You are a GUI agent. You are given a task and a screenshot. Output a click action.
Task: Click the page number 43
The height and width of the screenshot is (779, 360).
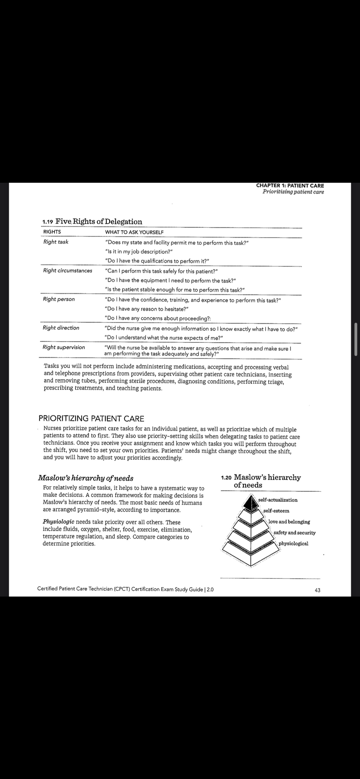coord(318,590)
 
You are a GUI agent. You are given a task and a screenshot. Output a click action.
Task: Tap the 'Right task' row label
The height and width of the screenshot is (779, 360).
coord(56,242)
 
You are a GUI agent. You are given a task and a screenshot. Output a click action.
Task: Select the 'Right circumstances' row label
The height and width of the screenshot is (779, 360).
coord(67,270)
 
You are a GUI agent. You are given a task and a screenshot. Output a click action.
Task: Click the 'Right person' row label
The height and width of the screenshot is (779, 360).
coord(58,299)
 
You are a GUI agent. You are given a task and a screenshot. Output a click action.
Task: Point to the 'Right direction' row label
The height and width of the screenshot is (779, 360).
coord(61,328)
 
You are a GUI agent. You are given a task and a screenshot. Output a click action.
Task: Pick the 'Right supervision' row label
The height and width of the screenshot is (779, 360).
coord(64,347)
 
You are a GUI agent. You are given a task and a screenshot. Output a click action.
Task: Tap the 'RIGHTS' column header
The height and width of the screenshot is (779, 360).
coord(52,232)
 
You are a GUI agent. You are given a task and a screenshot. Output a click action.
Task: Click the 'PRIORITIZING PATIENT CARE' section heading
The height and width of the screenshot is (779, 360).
coord(91,418)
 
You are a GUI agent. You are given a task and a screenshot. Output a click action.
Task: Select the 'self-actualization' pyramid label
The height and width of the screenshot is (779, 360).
coord(278,500)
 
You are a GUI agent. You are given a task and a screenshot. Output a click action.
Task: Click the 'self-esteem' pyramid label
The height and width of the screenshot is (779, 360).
coord(276,511)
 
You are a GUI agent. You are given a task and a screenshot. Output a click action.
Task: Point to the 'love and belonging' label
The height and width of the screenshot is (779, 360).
coord(289,522)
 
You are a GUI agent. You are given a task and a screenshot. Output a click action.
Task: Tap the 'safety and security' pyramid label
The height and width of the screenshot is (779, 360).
coord(294,533)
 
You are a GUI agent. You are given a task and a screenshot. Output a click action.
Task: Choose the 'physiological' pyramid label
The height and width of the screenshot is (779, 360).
coord(293,543)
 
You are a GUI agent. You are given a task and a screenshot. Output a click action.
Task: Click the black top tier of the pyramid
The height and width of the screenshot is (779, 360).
coord(250,502)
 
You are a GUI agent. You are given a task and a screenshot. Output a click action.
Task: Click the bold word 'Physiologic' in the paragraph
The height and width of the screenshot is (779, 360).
coord(58,522)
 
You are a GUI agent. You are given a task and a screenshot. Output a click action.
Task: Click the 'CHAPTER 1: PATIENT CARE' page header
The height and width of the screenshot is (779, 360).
coord(290,186)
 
